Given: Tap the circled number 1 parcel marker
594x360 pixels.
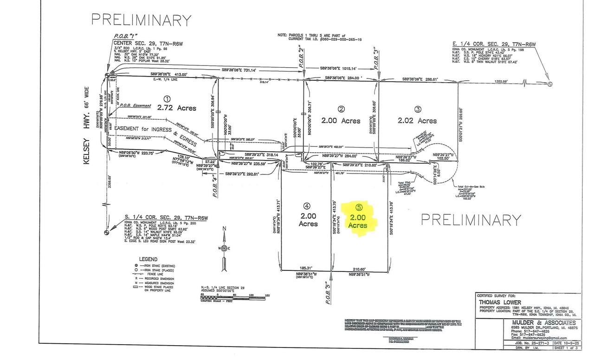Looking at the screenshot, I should click(x=167, y=99).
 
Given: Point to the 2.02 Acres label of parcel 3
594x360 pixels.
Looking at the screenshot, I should click(x=417, y=120).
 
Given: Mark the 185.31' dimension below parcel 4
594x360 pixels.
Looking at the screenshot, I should click(x=305, y=268).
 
